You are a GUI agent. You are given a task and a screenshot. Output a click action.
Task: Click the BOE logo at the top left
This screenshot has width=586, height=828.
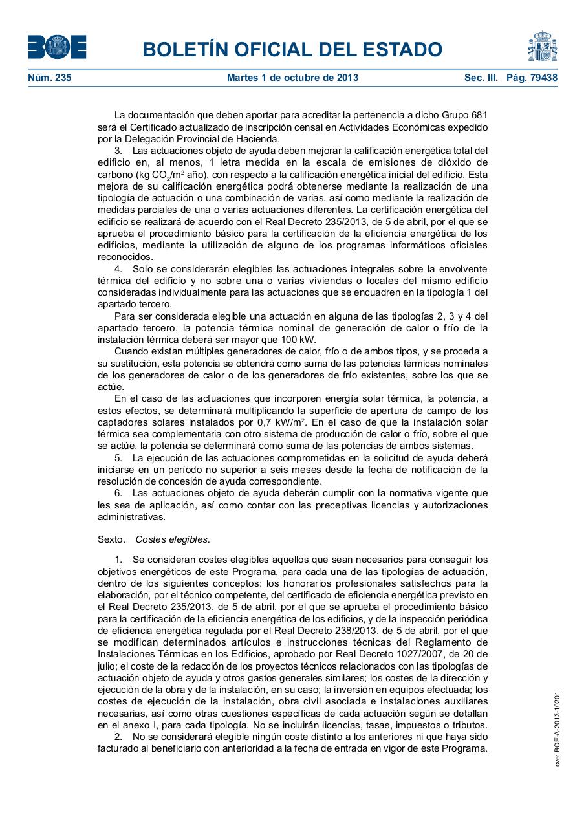click(57, 47)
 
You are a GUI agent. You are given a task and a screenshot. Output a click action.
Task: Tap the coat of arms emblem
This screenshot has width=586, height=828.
click(542, 46)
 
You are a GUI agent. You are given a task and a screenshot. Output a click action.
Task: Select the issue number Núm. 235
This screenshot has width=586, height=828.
click(50, 78)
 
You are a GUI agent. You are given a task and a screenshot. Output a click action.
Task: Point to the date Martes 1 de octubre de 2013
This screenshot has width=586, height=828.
click(292, 78)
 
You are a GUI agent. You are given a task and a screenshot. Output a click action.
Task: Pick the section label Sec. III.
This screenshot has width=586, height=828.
click(481, 78)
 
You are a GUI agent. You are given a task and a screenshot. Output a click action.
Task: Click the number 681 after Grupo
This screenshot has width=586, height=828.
click(479, 114)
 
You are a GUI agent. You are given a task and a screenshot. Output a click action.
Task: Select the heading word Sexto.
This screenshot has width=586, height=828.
click(111, 539)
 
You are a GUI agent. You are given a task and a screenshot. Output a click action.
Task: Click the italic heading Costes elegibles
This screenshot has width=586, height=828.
click(173, 539)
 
